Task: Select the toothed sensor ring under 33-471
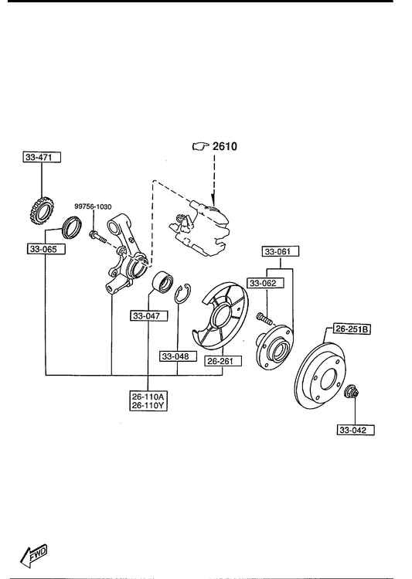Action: coord(39,211)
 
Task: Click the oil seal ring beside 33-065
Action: coord(72,227)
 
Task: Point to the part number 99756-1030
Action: coord(93,207)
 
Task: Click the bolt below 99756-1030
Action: coord(97,237)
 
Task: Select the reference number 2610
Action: coord(225,147)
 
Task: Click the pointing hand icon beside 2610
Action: coord(201,147)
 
